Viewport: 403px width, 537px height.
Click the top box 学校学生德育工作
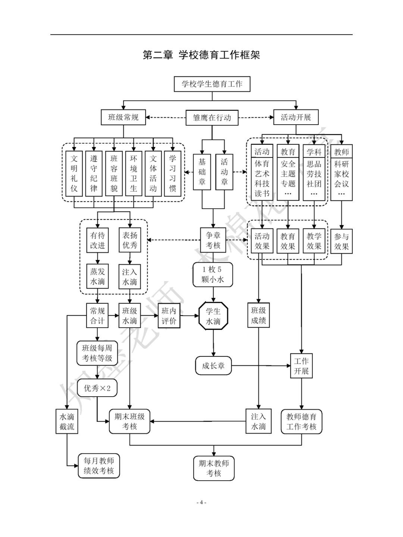212,84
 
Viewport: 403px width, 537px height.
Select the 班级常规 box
123,117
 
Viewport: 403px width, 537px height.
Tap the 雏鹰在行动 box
212,118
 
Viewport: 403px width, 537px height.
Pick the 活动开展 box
296,117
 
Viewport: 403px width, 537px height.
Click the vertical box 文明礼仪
74,173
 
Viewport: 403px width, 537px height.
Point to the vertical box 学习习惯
172,173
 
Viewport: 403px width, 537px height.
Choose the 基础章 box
202,172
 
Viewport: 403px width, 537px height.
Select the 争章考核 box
213,240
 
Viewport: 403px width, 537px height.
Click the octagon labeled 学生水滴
213,316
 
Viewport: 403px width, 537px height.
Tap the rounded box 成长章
213,366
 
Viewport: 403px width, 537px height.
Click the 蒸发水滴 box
98,277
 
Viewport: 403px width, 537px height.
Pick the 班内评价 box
169,316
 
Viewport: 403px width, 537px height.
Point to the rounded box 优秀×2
97,388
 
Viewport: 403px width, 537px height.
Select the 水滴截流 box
67,422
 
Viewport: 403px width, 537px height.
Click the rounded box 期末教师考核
214,468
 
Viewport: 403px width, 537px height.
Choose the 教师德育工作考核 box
302,422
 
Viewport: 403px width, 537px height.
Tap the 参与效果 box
341,241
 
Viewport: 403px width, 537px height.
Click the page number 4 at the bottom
201,502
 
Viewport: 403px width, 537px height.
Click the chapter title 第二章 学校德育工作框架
201,55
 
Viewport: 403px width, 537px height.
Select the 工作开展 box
302,366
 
